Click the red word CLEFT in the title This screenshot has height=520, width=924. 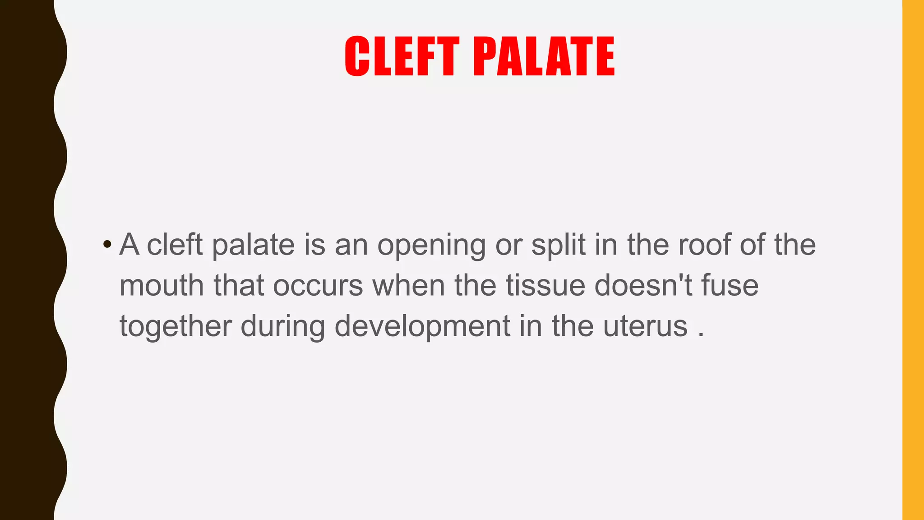(402, 57)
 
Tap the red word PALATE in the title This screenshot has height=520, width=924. (544, 57)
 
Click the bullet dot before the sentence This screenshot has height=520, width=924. (107, 245)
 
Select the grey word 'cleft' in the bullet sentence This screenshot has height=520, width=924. (175, 245)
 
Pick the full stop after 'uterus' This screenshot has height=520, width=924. (701, 335)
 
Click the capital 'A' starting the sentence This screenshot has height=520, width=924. (129, 245)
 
